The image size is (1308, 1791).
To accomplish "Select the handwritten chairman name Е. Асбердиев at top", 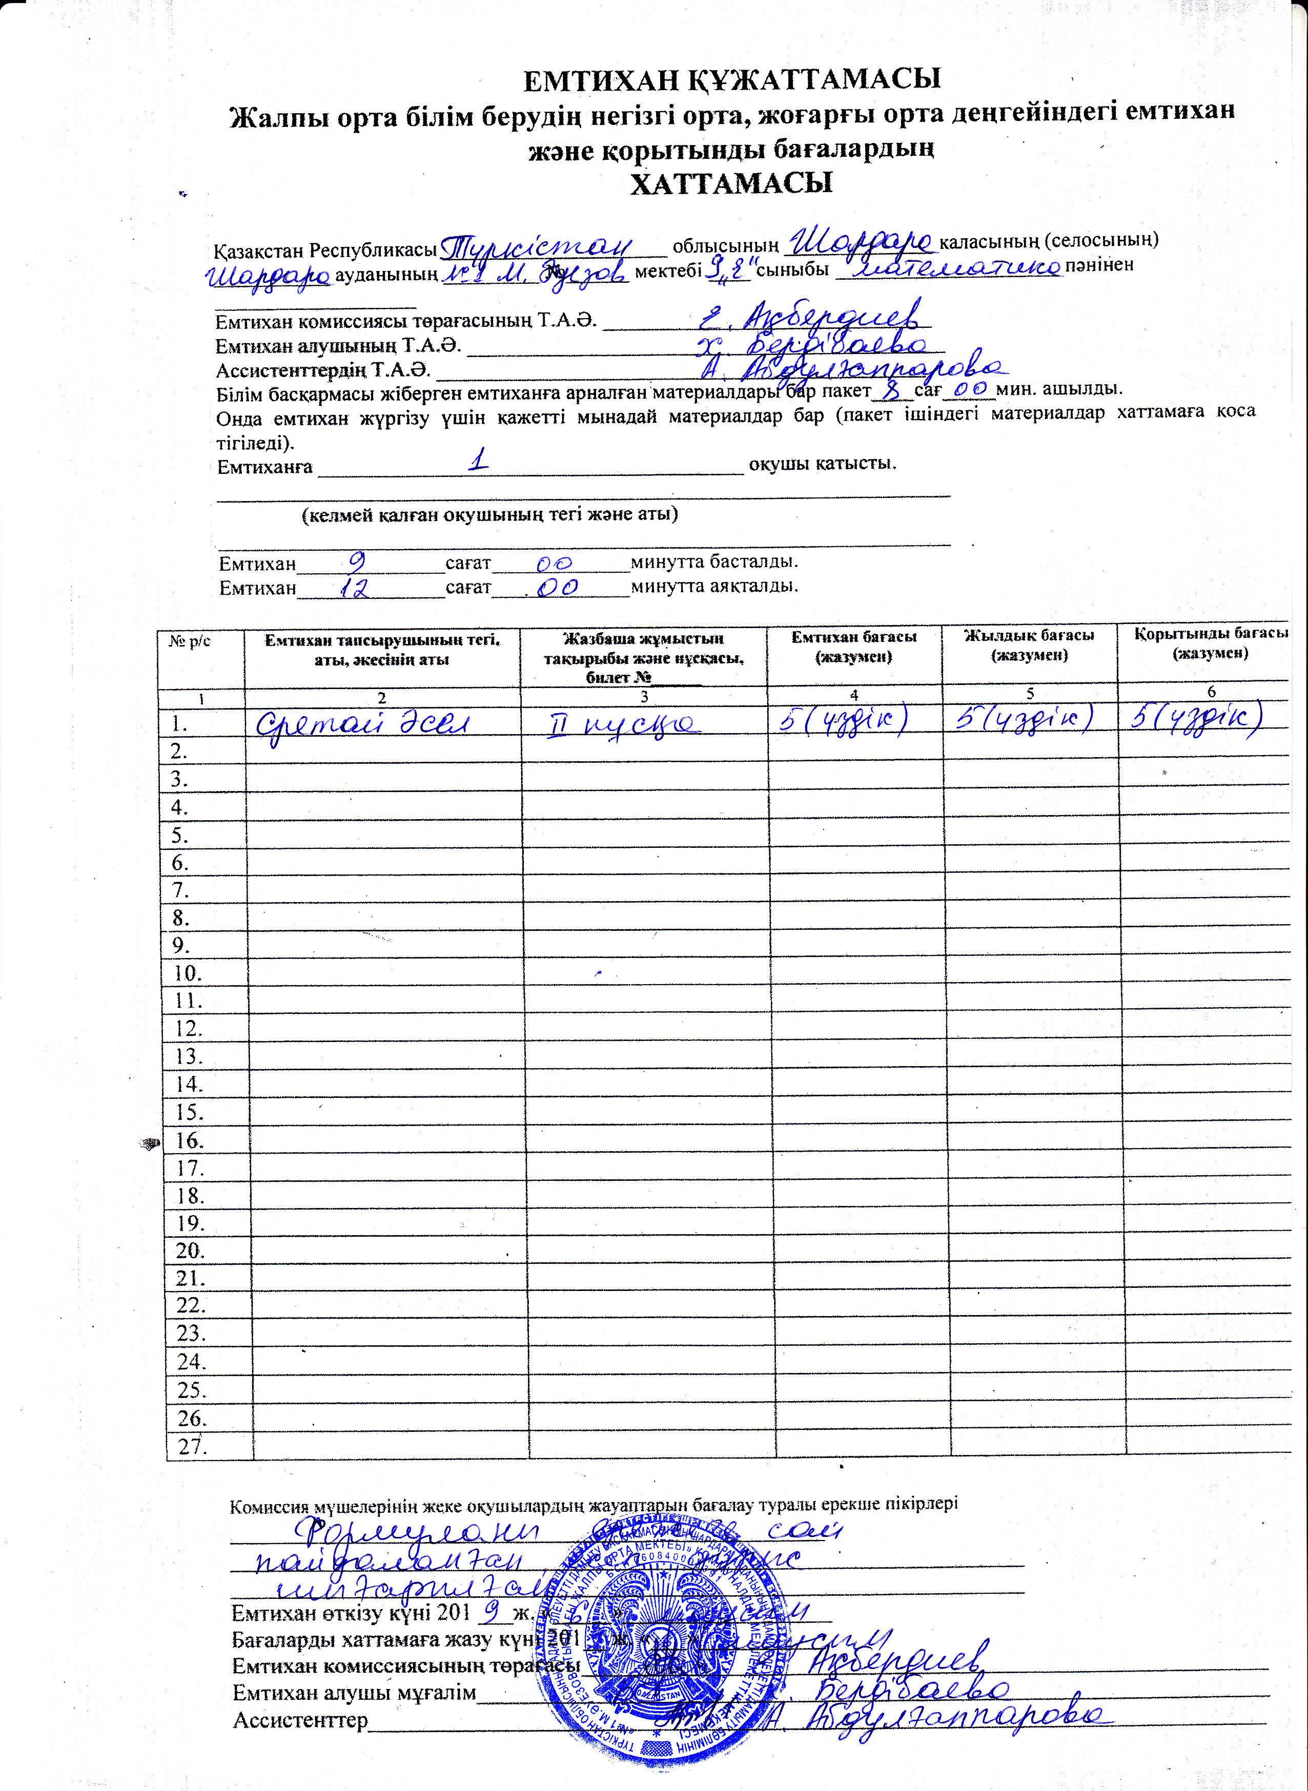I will (811, 317).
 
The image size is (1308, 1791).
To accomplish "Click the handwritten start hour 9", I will (357, 562).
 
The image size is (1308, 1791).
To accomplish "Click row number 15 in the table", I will (189, 1113).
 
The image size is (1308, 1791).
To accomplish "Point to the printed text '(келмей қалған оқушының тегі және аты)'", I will (489, 514).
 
